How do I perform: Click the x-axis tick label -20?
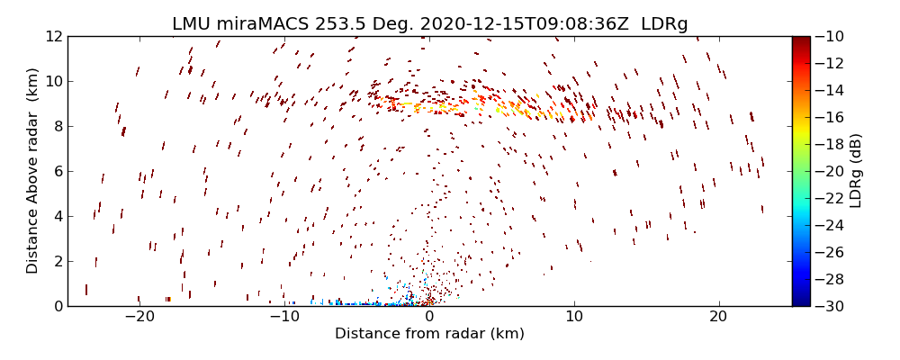coord(139,317)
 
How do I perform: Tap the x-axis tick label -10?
coord(284,317)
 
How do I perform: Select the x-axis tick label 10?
coord(573,317)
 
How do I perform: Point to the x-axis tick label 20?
coord(718,317)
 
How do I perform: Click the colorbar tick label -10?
coord(832,36)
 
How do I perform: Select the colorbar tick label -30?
coord(832,306)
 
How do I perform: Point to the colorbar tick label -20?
coord(832,171)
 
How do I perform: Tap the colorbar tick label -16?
coord(832,117)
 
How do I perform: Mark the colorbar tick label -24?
coord(832,225)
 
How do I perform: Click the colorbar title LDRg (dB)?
coord(856,171)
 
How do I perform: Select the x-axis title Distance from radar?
coord(429,334)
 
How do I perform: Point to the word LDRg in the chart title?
coord(664,24)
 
